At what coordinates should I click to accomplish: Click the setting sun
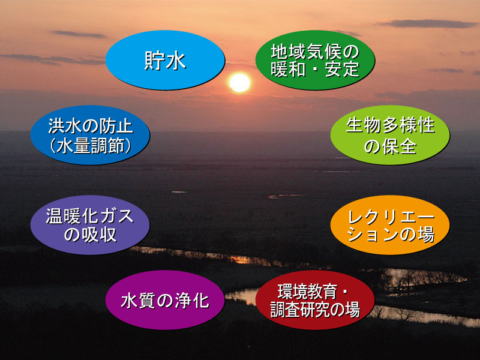239,83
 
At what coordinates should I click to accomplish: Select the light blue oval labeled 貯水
166,60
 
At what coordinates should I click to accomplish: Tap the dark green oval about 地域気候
315,60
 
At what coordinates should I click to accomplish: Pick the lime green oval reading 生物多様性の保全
390,135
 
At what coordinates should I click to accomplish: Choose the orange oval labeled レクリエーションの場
390,225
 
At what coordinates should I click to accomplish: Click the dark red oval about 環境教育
315,300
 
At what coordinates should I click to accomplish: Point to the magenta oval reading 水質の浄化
166,300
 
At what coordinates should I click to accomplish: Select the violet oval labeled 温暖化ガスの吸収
90,225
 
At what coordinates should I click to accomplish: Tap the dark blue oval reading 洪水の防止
90,135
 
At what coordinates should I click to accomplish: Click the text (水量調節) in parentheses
91,145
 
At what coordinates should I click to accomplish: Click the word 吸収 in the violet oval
99,235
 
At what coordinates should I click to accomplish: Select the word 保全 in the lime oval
399,146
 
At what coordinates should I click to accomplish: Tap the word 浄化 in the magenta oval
192,301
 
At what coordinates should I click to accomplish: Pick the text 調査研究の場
316,310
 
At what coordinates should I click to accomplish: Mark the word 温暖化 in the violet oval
73,216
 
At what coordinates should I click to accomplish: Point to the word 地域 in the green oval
289,51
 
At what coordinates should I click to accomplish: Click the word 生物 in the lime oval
364,125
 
